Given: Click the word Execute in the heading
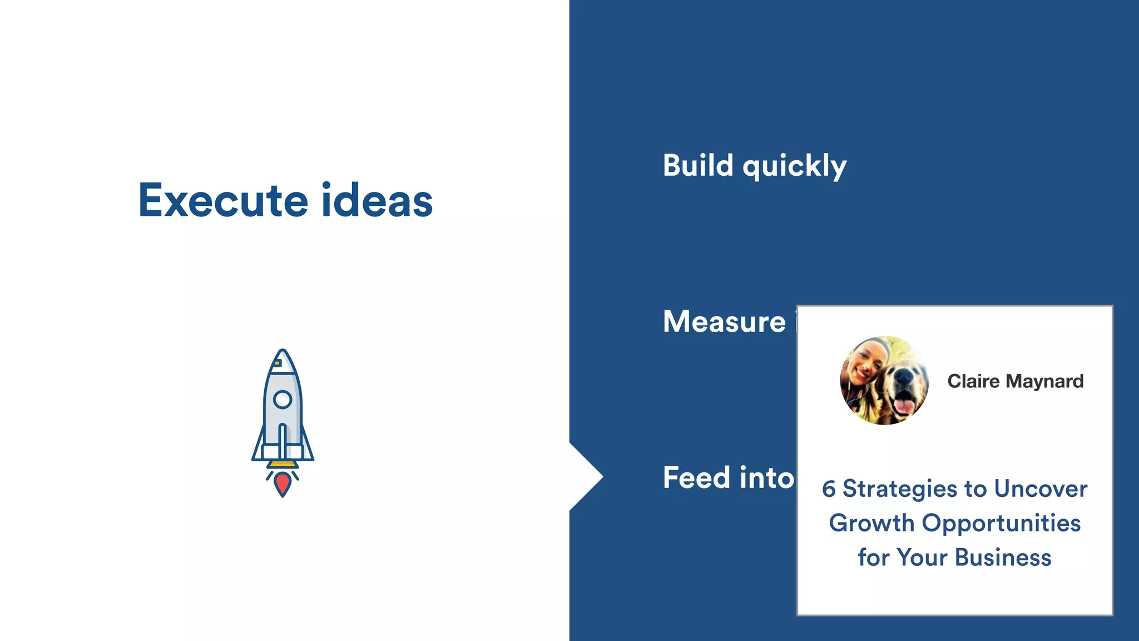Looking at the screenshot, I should click(222, 200).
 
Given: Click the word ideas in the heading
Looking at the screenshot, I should click(377, 200).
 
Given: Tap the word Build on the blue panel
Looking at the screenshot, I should click(698, 166).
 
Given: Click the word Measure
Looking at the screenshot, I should click(724, 322).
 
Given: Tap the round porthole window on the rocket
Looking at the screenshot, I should click(283, 399).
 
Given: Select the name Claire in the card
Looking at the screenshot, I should click(973, 381).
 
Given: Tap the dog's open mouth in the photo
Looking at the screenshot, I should click(903, 402).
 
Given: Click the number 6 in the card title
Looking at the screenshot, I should click(829, 489).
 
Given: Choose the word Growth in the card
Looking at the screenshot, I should click(871, 523).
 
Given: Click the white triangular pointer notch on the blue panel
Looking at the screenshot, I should click(584, 477).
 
